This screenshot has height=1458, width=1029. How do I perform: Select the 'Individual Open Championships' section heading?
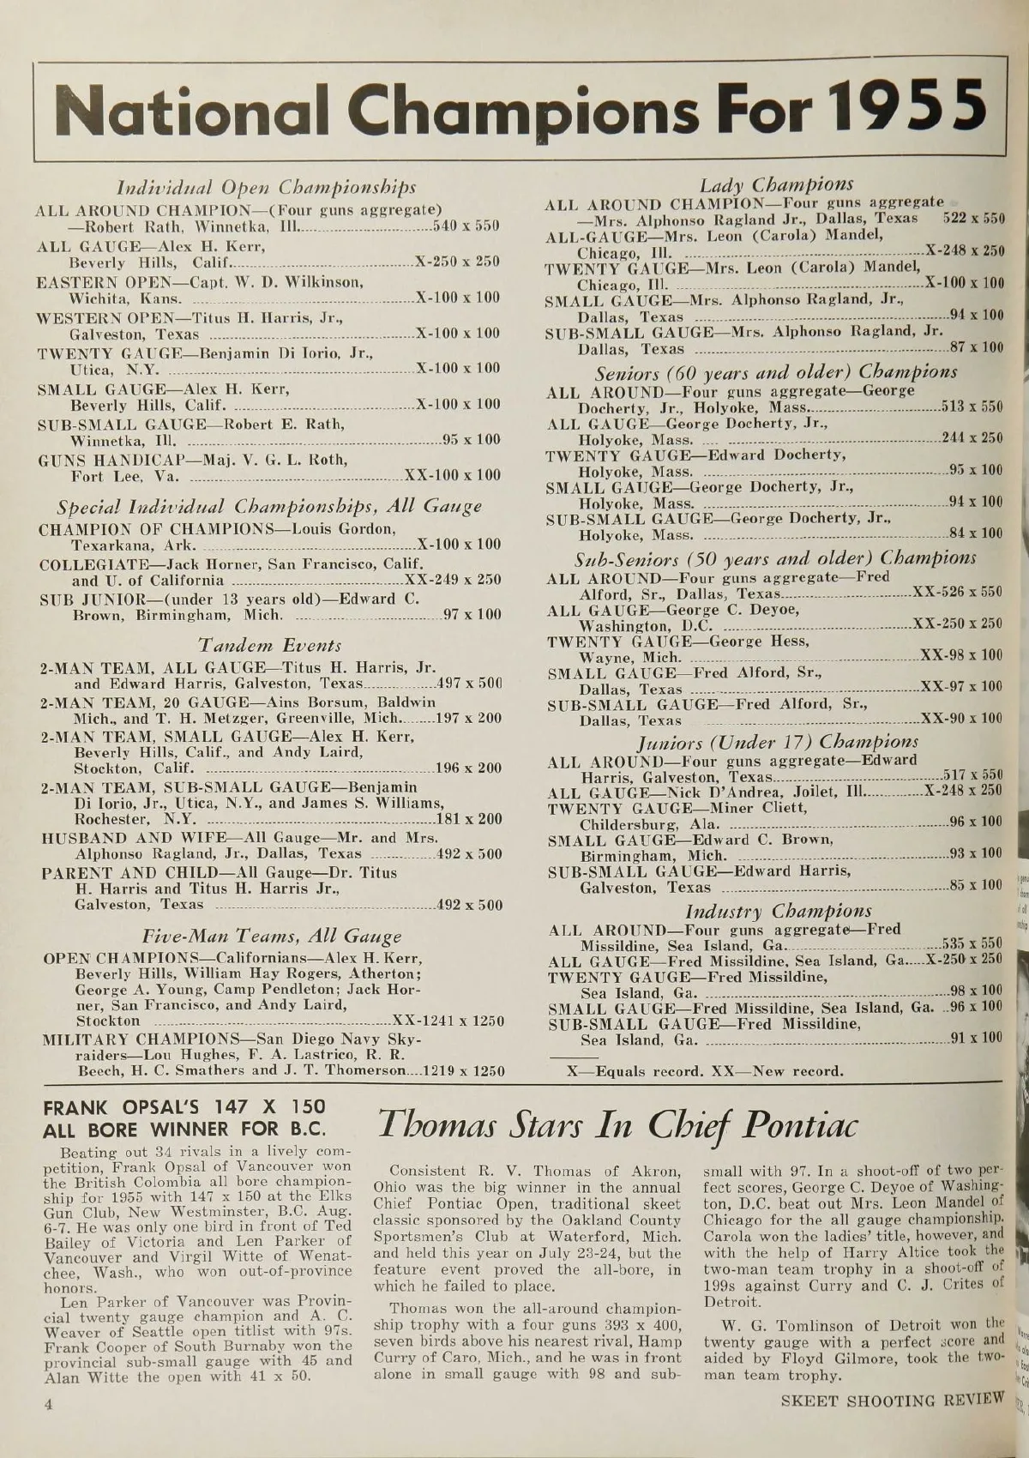(x=266, y=187)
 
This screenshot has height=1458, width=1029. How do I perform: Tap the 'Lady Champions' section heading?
(x=776, y=184)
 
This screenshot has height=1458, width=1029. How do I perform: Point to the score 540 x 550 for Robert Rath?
(x=464, y=226)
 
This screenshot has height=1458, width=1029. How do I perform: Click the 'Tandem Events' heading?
(x=270, y=645)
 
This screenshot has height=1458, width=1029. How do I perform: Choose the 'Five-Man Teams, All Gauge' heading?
(x=270, y=936)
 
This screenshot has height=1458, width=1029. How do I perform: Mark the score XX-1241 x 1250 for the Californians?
(x=447, y=1021)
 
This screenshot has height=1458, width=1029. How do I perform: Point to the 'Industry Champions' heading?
(x=778, y=911)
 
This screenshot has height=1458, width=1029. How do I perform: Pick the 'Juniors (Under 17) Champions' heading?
(x=777, y=741)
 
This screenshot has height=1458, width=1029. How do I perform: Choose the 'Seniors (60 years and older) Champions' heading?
(x=777, y=371)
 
